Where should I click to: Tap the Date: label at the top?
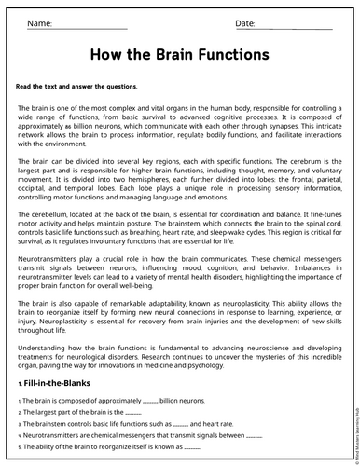(244, 22)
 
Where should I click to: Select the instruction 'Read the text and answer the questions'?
(76, 86)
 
